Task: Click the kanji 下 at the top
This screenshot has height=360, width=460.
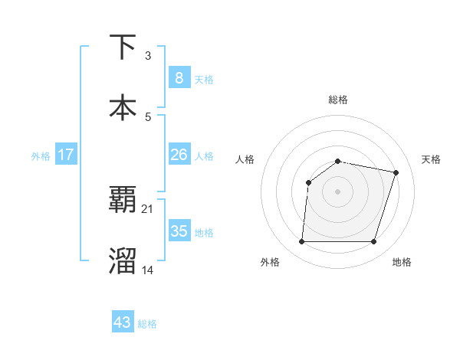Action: click(123, 47)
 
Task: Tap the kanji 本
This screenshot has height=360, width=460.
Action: click(123, 107)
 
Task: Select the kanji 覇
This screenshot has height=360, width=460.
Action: click(123, 201)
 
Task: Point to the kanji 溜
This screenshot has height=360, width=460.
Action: click(123, 260)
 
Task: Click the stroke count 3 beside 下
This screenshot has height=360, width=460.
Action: click(148, 56)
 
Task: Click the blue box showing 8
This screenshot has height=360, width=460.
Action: click(179, 78)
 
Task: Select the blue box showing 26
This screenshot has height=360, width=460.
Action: click(179, 155)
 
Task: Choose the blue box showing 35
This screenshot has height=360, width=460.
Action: click(179, 231)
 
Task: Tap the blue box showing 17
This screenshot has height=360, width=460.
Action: click(66, 155)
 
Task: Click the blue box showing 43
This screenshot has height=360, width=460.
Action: click(123, 322)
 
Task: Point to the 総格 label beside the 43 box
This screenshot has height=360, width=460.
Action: click(147, 324)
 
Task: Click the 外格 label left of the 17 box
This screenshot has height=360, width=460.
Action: click(41, 156)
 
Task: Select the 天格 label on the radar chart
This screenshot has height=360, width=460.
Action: click(431, 159)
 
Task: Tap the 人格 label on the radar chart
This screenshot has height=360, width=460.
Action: click(245, 159)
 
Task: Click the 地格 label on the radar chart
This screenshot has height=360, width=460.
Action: click(402, 262)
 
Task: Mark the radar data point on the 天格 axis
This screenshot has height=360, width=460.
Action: click(396, 172)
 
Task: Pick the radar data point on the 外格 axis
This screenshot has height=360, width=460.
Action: click(301, 242)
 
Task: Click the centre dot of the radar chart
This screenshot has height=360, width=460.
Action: click(337, 191)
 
